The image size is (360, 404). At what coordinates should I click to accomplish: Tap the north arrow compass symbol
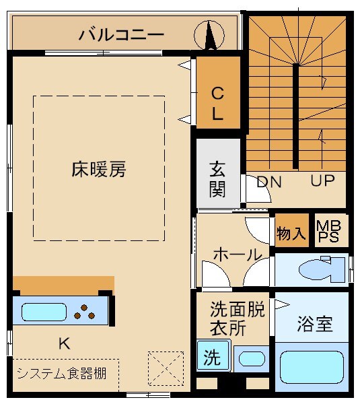pyautogui.click(x=209, y=34)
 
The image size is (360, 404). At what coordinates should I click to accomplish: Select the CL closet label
pyautogui.click(x=217, y=102)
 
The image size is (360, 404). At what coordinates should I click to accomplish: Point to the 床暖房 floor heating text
pyautogui.click(x=99, y=169)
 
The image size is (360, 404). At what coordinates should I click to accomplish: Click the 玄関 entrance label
pyautogui.click(x=217, y=179)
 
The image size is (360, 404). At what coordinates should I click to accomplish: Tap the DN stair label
pyautogui.click(x=268, y=182)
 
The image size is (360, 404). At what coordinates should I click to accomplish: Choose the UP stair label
pyautogui.click(x=323, y=181)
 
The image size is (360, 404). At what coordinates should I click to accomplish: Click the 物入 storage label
pyautogui.click(x=291, y=233)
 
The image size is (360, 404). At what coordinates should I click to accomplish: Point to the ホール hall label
pyautogui.click(x=237, y=255)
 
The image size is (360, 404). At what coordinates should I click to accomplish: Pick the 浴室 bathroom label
pyautogui.click(x=314, y=324)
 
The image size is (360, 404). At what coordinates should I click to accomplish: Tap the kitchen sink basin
pyautogui.click(x=44, y=312)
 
